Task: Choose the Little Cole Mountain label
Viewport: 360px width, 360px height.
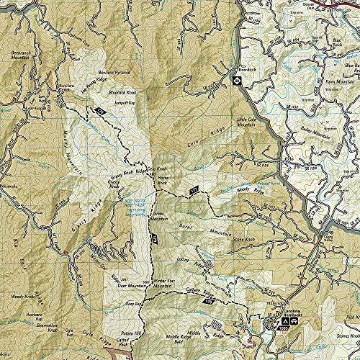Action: pos(247,122)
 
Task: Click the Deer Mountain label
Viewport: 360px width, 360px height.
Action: pos(117,284)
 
